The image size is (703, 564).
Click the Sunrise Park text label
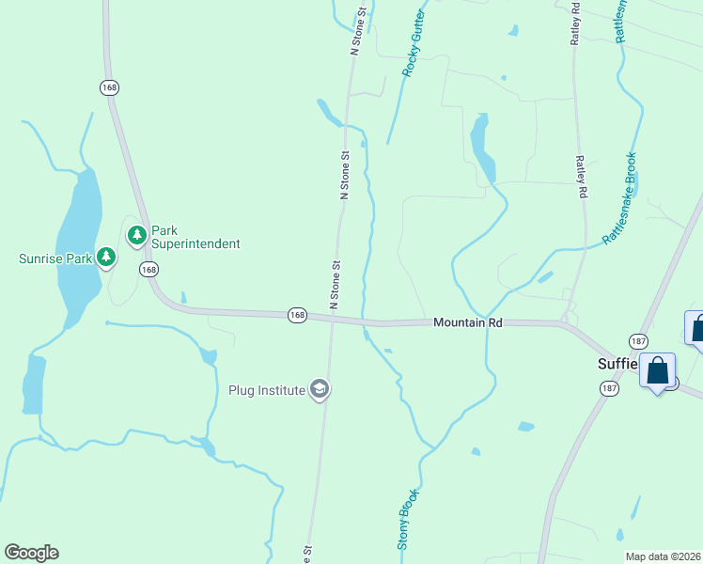pos(55,258)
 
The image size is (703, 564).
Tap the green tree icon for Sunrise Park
pos(107,256)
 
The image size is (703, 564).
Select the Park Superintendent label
pos(195,237)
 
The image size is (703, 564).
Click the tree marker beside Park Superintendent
pos(137,234)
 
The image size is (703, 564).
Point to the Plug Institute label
pos(268,390)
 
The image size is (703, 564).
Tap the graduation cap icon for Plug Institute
pos(320,389)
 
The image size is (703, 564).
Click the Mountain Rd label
pos(467,322)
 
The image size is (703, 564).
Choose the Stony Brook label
pos(406,518)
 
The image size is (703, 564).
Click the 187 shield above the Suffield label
pos(638,340)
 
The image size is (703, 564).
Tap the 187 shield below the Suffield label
pos(610,388)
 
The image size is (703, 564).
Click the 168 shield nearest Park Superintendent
pos(148,270)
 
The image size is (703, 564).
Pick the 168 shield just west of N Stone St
pos(297,314)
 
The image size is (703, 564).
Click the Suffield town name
pos(618,365)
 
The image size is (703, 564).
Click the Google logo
pos(31,553)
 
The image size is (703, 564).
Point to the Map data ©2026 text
pos(664,556)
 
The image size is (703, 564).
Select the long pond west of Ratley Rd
pos(483,147)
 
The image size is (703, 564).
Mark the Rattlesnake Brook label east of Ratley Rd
pos(620,198)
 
